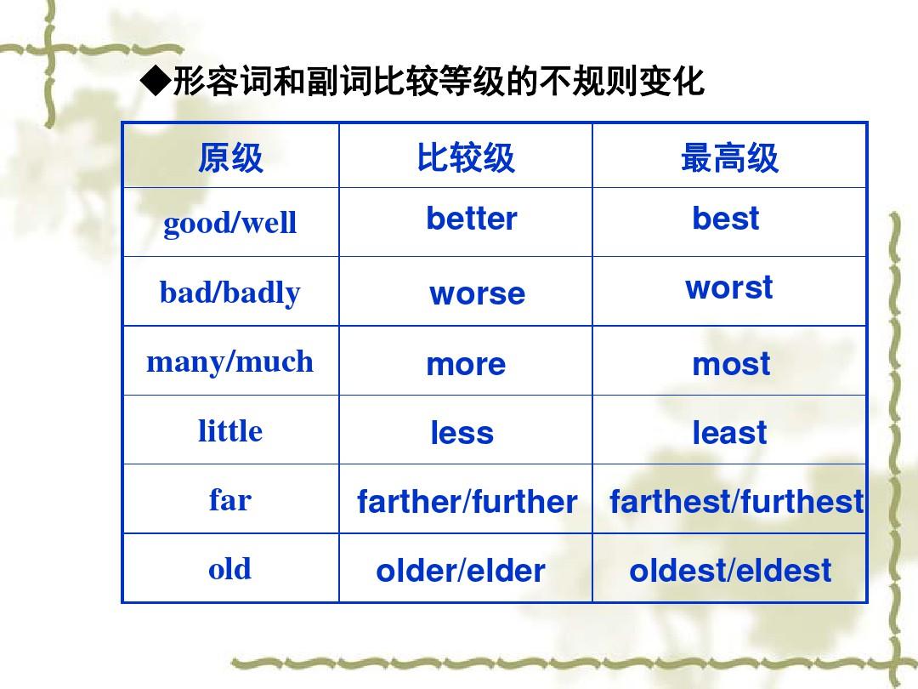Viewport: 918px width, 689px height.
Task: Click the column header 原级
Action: (230, 157)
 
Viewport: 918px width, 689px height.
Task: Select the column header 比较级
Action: (466, 157)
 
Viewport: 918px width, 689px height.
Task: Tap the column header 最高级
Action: (729, 157)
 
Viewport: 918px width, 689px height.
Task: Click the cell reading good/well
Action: (230, 223)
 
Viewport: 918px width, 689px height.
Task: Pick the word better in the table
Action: (471, 219)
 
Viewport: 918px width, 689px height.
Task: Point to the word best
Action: (725, 219)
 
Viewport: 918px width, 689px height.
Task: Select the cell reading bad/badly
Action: (230, 293)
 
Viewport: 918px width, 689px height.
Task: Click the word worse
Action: (477, 293)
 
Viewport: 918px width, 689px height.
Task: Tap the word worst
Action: (729, 288)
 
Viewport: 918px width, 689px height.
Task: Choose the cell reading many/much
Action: (230, 362)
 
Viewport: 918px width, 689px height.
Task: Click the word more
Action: (466, 364)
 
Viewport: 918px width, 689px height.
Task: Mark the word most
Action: (731, 364)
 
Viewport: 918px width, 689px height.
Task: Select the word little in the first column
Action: (230, 430)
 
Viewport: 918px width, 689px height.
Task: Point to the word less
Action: (462, 432)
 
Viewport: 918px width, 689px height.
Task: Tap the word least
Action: (729, 432)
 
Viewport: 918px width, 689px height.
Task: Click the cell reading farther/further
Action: (467, 502)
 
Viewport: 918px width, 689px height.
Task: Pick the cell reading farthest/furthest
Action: (736, 502)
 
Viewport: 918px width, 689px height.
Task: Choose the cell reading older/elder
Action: (461, 571)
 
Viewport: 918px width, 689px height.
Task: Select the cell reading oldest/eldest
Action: (730, 571)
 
